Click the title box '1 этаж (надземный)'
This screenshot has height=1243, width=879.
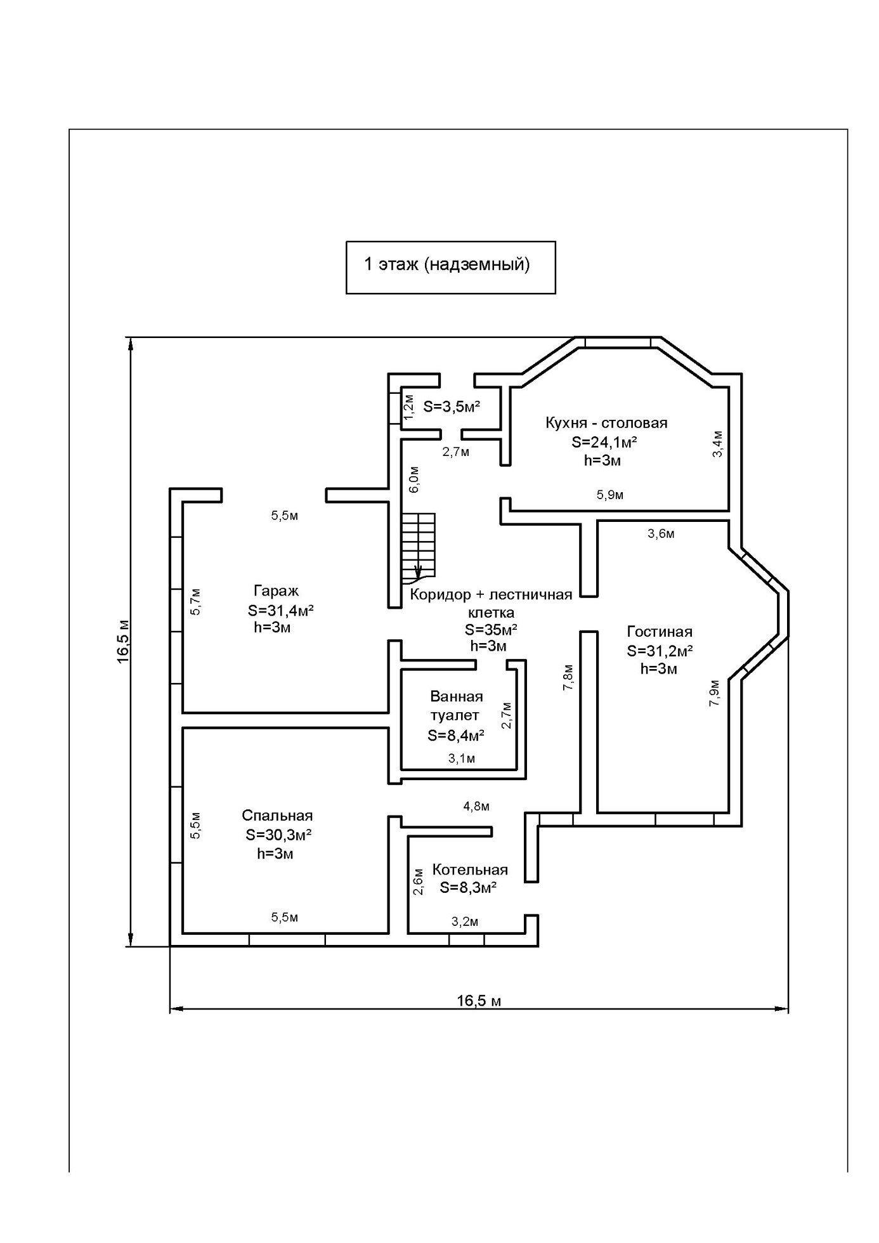450,267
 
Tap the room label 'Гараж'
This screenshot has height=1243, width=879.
276,591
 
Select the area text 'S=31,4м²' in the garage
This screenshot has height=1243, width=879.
281,610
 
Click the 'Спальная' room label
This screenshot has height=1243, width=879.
277,816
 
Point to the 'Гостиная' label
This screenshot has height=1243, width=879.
660,632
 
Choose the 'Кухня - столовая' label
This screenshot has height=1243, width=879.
606,423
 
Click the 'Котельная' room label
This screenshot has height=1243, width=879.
470,869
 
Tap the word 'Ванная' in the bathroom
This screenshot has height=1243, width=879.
457,696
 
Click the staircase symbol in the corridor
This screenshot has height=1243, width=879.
419,549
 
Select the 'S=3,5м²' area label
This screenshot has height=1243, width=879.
452,407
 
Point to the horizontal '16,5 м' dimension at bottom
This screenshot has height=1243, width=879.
479,1001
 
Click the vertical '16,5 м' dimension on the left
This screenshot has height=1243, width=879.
123,641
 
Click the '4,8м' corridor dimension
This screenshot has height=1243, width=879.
476,807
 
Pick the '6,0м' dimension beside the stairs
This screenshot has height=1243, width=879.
413,479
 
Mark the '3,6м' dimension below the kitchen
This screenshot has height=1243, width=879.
661,534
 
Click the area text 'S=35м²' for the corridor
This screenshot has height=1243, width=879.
491,630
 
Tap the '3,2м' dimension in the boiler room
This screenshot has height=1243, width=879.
465,921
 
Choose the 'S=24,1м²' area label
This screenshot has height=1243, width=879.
604,442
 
